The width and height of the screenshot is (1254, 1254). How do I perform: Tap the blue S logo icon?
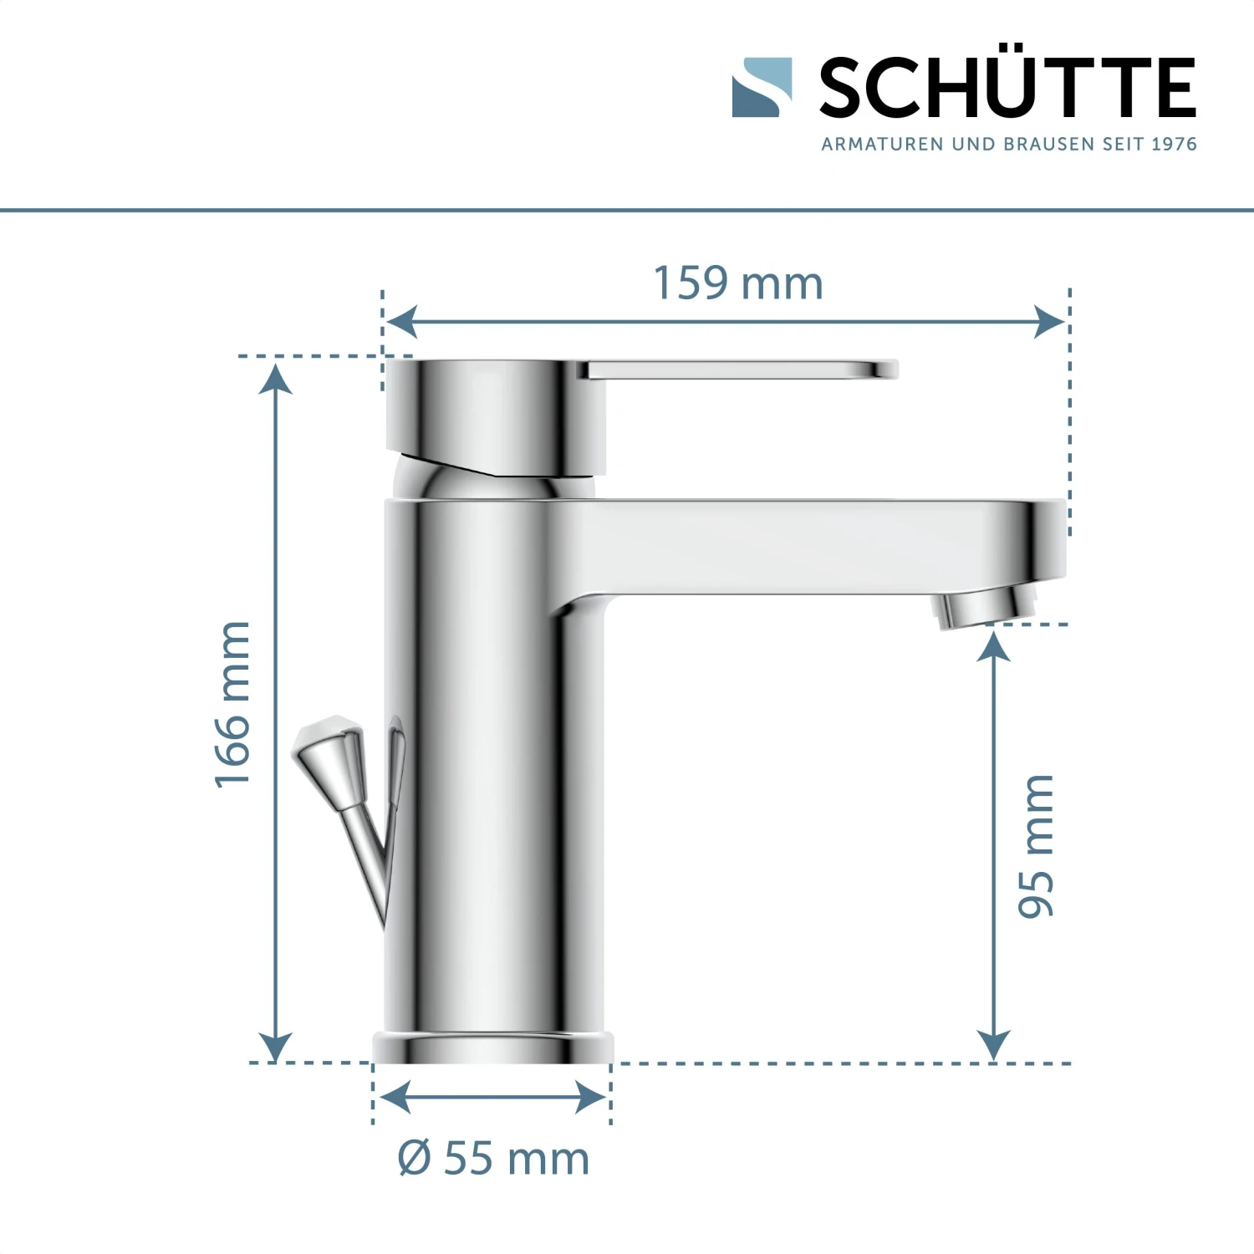(x=762, y=87)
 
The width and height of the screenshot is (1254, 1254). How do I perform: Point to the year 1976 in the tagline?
(x=1174, y=145)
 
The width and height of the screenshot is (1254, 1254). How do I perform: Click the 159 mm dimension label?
(x=737, y=283)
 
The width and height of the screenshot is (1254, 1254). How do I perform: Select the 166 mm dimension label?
(x=232, y=704)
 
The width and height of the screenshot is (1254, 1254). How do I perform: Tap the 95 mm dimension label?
(x=1037, y=845)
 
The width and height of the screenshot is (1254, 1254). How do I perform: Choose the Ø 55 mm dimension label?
(x=493, y=1159)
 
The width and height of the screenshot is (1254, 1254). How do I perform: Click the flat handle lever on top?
(x=740, y=370)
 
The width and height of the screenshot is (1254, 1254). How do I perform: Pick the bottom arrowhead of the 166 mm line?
(x=276, y=1047)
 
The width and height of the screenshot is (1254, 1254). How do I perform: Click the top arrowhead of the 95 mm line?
(x=993, y=646)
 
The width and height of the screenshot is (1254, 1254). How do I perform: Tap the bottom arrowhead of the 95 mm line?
(x=993, y=1046)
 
